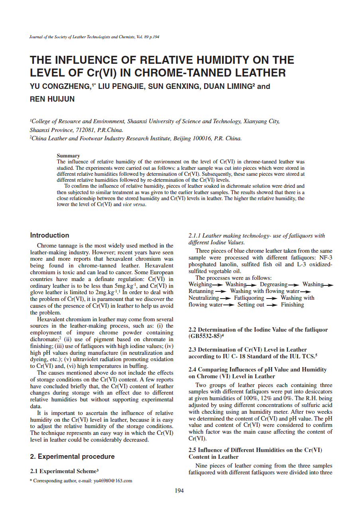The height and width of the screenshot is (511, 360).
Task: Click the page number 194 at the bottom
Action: (179, 491)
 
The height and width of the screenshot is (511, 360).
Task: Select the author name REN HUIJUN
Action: (52, 99)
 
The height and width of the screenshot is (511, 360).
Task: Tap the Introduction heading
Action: (49, 235)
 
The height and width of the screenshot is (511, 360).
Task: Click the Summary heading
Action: (68, 155)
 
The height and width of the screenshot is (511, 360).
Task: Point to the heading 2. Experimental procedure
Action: (72, 456)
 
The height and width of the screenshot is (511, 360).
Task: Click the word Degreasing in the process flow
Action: (273, 284)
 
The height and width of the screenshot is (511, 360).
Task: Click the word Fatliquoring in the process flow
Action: (249, 298)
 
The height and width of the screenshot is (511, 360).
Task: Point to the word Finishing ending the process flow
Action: (292, 305)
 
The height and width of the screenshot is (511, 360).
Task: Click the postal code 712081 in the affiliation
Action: (85, 130)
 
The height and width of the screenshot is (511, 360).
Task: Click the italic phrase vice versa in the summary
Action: (134, 204)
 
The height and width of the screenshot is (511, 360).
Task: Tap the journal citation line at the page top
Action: (95, 37)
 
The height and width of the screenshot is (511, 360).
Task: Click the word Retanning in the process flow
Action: (201, 291)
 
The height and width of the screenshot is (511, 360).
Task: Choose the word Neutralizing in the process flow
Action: (204, 298)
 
